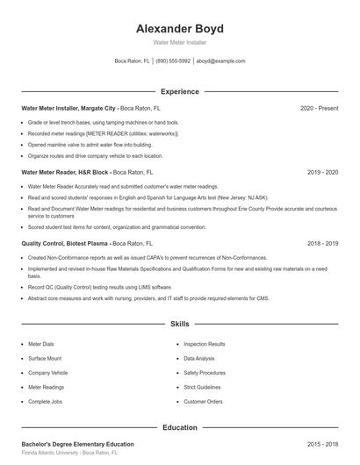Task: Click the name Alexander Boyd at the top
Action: click(179, 28)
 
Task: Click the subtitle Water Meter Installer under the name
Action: click(179, 42)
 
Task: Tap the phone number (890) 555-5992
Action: click(174, 61)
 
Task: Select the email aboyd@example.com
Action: click(220, 61)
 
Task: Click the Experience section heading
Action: click(179, 91)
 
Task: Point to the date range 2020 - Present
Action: click(319, 108)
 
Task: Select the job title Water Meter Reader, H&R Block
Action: click(66, 173)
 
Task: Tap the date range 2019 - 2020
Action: click(322, 173)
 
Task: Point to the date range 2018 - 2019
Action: click(322, 243)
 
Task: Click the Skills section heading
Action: click(179, 324)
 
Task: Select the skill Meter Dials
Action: click(41, 345)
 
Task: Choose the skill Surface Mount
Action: click(45, 359)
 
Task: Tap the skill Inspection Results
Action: click(205, 345)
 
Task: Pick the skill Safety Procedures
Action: click(205, 373)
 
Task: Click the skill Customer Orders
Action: click(203, 401)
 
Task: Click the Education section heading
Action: click(179, 427)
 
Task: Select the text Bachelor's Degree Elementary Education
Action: click(77, 445)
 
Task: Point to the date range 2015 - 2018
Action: click(322, 445)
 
